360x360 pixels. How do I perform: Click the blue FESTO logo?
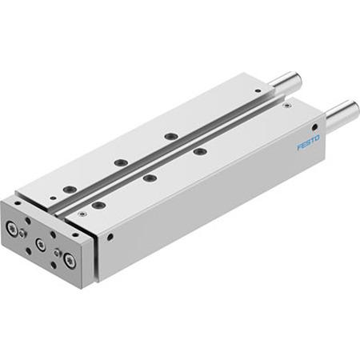(308, 142)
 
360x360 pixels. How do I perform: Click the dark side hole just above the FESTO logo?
(314, 127)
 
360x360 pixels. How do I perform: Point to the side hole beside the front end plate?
(110, 237)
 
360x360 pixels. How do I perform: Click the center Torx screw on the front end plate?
(41, 244)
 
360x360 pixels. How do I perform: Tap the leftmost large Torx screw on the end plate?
(12, 229)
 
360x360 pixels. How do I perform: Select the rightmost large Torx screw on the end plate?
(70, 260)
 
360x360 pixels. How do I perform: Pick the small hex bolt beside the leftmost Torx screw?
(22, 234)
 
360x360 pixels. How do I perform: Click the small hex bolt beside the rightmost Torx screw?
(57, 253)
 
